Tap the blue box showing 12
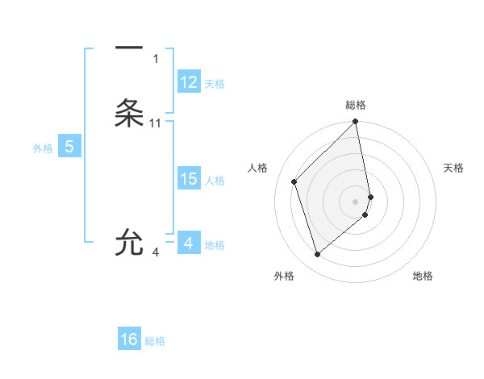click(189, 82)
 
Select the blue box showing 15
click(189, 179)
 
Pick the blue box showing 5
click(69, 147)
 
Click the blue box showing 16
click(129, 339)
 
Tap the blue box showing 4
click(189, 243)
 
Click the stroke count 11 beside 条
click(156, 123)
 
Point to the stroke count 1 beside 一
click(156, 58)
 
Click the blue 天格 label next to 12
click(215, 84)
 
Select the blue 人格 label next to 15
click(215, 181)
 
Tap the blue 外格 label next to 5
click(43, 148)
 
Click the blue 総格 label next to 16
click(155, 341)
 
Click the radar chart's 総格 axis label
click(356, 105)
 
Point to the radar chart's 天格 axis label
click(453, 168)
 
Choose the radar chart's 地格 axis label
click(423, 276)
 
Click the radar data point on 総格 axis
click(356, 123)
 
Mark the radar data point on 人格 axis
click(294, 181)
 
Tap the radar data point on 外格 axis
click(317, 255)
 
